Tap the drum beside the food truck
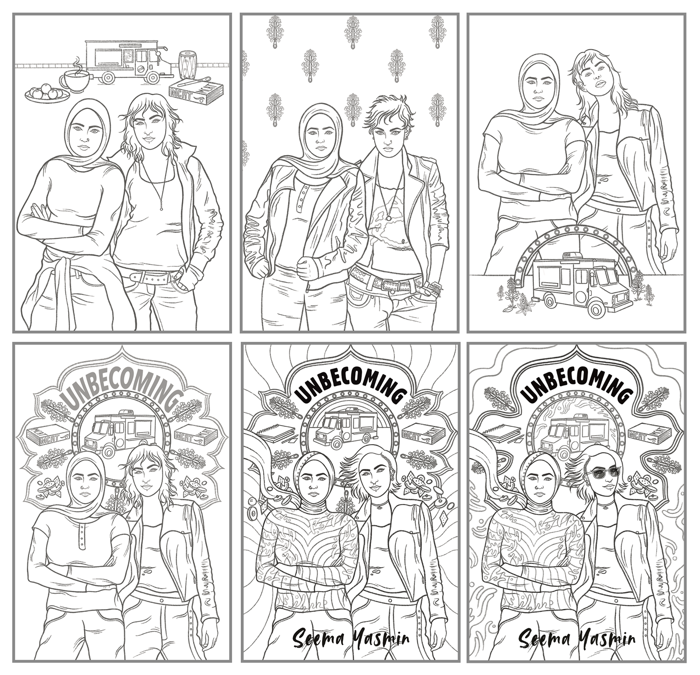tap(187, 64)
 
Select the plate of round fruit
tap(47, 93)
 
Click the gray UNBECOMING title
tap(122, 385)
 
